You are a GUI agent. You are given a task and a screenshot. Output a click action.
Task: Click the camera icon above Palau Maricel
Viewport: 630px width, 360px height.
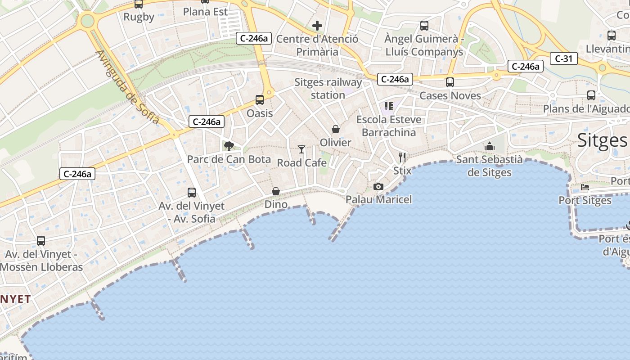point(378,186)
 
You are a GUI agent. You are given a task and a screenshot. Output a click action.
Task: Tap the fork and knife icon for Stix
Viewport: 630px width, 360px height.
point(402,157)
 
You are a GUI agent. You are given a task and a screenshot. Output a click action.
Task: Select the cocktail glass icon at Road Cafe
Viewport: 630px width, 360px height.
point(301,149)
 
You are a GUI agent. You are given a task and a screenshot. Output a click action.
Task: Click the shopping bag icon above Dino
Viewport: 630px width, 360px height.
point(276,191)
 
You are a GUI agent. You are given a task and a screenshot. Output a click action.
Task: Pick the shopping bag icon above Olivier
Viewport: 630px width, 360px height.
point(336,129)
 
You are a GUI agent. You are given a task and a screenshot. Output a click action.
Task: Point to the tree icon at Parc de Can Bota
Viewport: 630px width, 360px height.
point(229,146)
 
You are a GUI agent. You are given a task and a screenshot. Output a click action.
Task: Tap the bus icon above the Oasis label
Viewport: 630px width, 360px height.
point(260,100)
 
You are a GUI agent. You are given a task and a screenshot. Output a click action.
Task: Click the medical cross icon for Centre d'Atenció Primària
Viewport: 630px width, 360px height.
point(317,26)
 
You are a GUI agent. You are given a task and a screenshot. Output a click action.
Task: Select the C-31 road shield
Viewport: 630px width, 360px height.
point(563,58)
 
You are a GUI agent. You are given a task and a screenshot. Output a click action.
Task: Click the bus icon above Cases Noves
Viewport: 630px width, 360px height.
point(450,82)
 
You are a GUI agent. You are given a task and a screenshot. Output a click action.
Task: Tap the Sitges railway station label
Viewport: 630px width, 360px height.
point(328,89)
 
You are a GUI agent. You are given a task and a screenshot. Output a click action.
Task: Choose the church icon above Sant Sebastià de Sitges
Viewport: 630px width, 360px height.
point(490,146)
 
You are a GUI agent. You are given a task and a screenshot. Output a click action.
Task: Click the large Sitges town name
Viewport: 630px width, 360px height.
point(602,140)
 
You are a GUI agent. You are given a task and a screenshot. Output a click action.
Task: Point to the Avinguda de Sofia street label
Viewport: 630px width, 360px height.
point(127,87)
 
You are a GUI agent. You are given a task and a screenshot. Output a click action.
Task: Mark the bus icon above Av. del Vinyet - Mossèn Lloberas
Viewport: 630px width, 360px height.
point(41,241)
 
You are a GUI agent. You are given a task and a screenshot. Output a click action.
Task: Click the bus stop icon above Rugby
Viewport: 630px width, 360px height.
point(139,4)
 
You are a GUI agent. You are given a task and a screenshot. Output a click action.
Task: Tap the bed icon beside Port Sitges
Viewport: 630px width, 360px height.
point(585,187)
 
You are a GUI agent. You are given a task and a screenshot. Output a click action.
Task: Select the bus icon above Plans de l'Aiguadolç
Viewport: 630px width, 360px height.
point(591,95)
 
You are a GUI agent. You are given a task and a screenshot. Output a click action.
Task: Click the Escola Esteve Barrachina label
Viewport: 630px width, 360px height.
point(389,126)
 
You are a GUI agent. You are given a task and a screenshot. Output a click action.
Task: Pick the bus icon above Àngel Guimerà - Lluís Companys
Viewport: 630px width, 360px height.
point(424,26)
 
